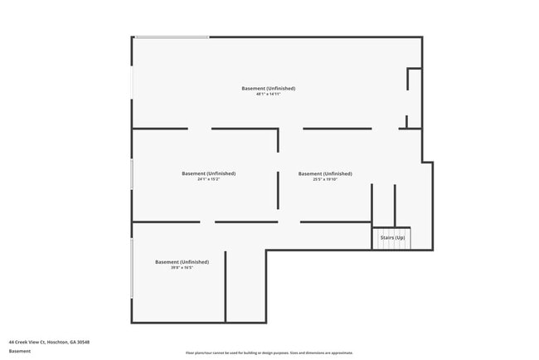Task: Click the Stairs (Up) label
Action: coord(392,238)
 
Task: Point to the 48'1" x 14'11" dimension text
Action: coord(269,94)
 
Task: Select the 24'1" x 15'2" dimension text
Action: coord(208,179)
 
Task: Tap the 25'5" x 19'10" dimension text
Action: coord(325,179)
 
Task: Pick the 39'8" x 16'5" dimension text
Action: coord(182,267)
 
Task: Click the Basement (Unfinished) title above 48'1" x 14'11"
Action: coord(269,88)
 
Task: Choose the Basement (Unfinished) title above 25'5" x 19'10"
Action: coord(325,173)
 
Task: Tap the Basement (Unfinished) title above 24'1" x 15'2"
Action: coord(208,173)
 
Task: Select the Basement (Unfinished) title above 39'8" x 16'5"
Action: coord(182,261)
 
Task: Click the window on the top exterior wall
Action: coord(172,36)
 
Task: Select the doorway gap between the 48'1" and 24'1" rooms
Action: coord(200,129)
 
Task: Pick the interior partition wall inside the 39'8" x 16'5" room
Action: coord(226,286)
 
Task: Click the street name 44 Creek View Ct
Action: coord(28,342)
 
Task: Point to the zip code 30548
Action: coord(83,342)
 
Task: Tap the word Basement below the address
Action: coord(20,351)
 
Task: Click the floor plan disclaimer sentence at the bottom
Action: coord(269,353)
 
